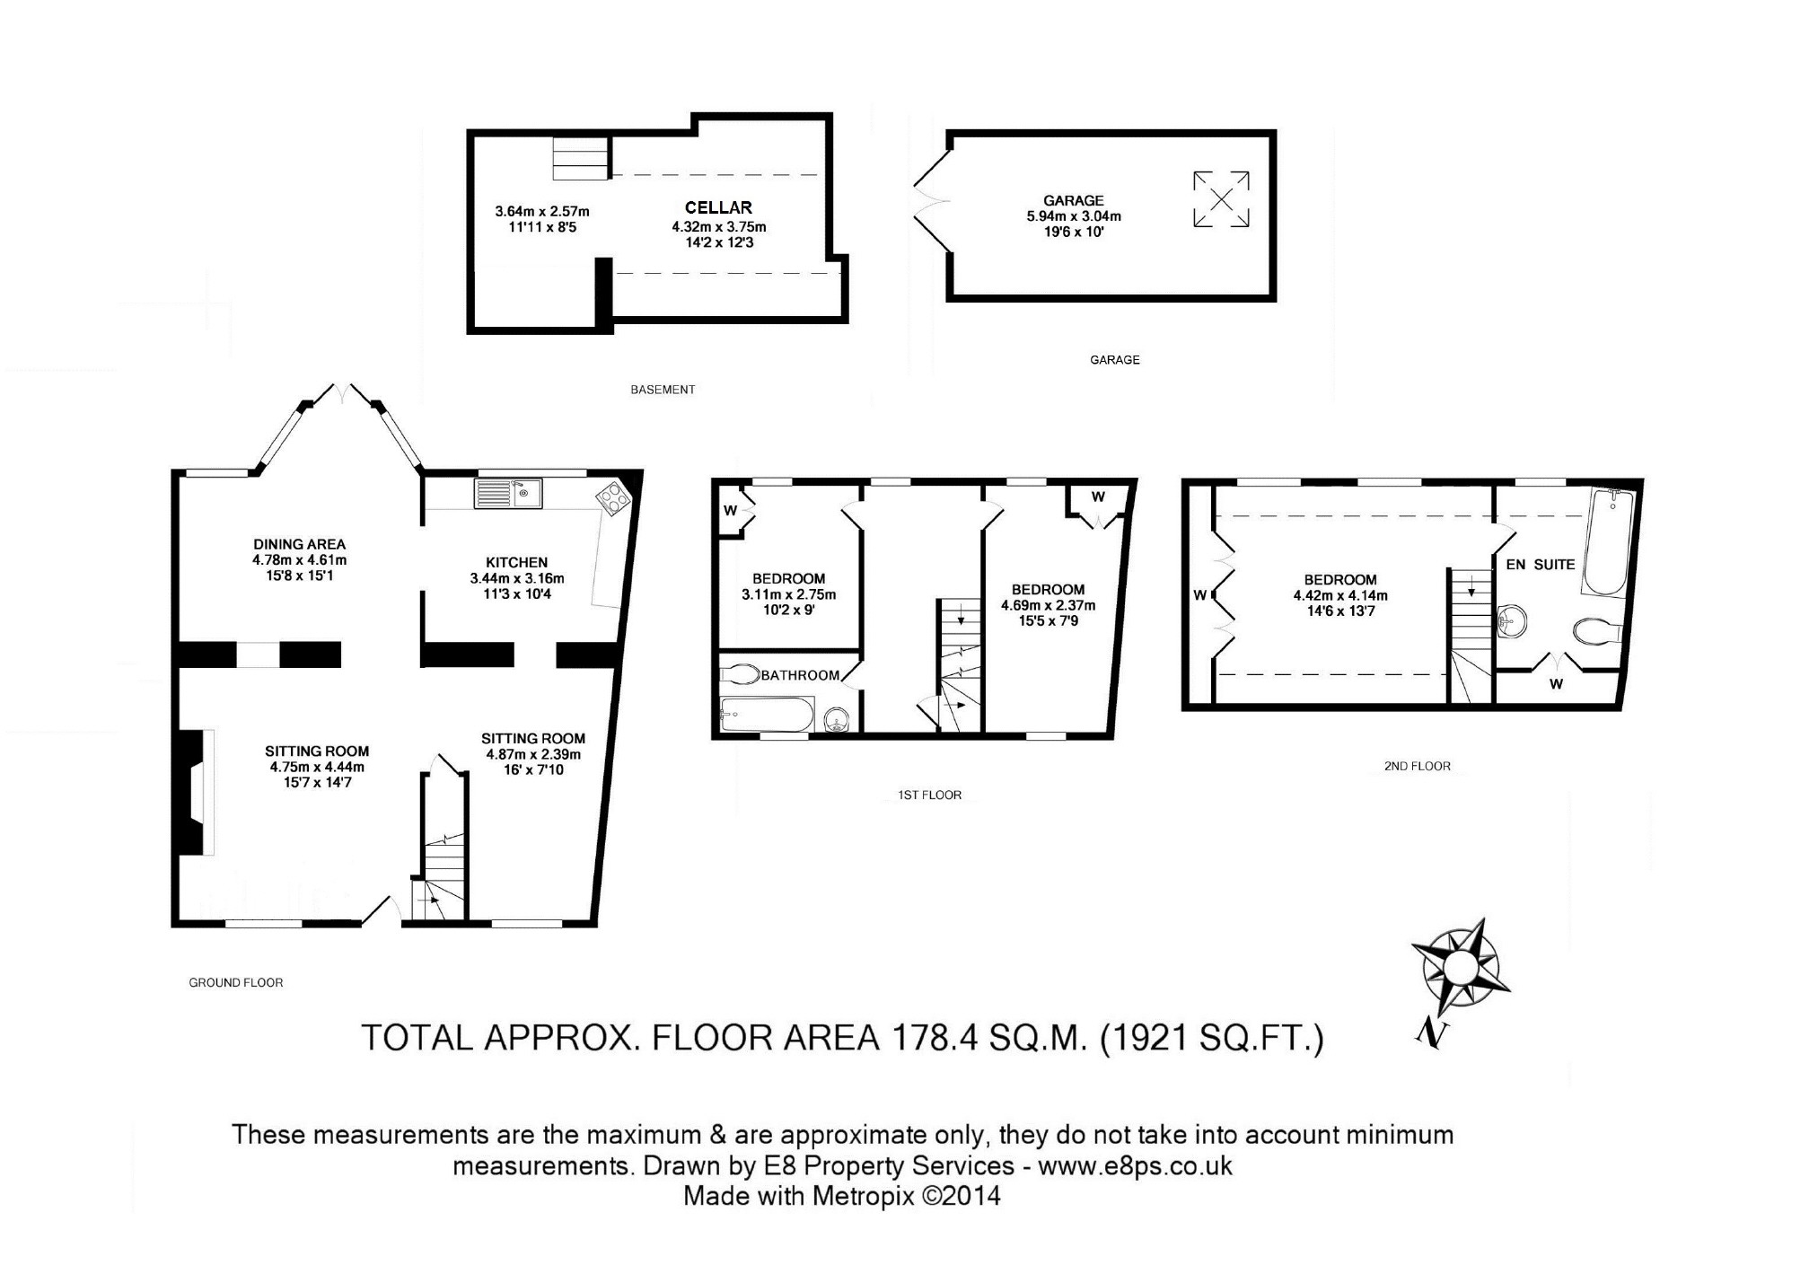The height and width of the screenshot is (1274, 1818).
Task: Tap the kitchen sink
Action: [508, 493]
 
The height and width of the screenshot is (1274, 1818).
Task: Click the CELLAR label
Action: [718, 207]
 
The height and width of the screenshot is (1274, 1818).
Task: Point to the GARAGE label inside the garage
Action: [1073, 200]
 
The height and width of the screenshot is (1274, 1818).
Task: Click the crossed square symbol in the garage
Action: [1221, 198]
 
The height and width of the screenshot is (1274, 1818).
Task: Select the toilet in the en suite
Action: [1597, 631]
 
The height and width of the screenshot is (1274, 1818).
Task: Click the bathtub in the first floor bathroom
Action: [767, 716]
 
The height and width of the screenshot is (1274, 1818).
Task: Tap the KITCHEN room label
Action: [516, 562]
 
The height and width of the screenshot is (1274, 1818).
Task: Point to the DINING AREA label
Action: [299, 544]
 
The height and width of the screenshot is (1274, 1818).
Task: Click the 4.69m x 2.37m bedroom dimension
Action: [1048, 605]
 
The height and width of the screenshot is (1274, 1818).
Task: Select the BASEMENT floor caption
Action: [663, 390]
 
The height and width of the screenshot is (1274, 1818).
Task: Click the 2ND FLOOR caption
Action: [1417, 766]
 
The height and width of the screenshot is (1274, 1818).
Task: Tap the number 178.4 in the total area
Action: [932, 1037]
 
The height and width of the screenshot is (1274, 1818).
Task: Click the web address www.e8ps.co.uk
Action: [1135, 1165]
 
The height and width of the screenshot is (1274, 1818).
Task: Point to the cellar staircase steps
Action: [580, 158]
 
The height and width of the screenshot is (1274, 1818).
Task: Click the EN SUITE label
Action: [1541, 565]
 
